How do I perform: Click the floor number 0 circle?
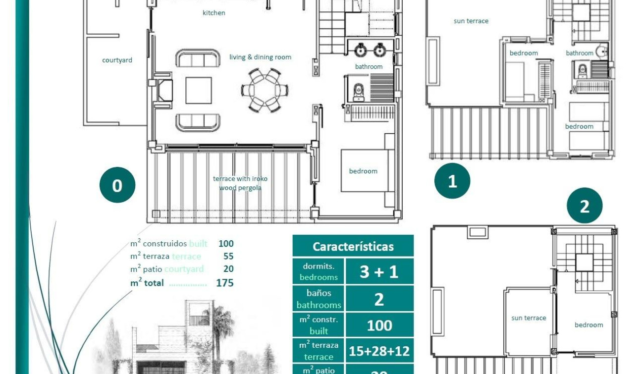[117, 186]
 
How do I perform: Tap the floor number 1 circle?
[452, 181]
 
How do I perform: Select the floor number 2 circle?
[585, 206]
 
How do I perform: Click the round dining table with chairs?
[265, 90]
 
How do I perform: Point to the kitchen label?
[214, 13]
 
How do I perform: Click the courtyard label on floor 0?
[117, 60]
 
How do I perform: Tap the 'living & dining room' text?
[260, 57]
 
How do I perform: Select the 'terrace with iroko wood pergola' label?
[240, 183]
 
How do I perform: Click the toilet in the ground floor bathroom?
[358, 92]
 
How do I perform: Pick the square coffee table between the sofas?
[199, 90]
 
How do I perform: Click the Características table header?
[353, 246]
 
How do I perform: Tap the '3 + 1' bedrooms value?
[379, 271]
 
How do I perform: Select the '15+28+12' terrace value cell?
[379, 351]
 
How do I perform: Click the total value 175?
[224, 283]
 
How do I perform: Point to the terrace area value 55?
[228, 256]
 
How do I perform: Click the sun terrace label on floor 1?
[471, 21]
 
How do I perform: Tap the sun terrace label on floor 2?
[529, 318]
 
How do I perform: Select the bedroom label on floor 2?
[588, 325]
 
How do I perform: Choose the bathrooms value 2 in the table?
[379, 299]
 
